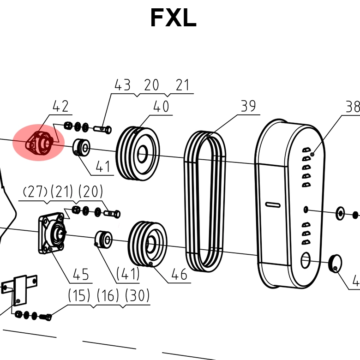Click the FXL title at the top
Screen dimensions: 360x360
click(173, 18)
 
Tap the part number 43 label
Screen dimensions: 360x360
click(122, 85)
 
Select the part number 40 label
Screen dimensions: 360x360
click(161, 107)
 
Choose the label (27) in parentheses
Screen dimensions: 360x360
click(35, 192)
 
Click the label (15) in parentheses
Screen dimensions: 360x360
click(79, 295)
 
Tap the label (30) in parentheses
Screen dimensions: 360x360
click(137, 295)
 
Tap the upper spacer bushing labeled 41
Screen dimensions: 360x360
click(82, 147)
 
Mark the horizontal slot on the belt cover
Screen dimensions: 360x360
click(273, 204)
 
